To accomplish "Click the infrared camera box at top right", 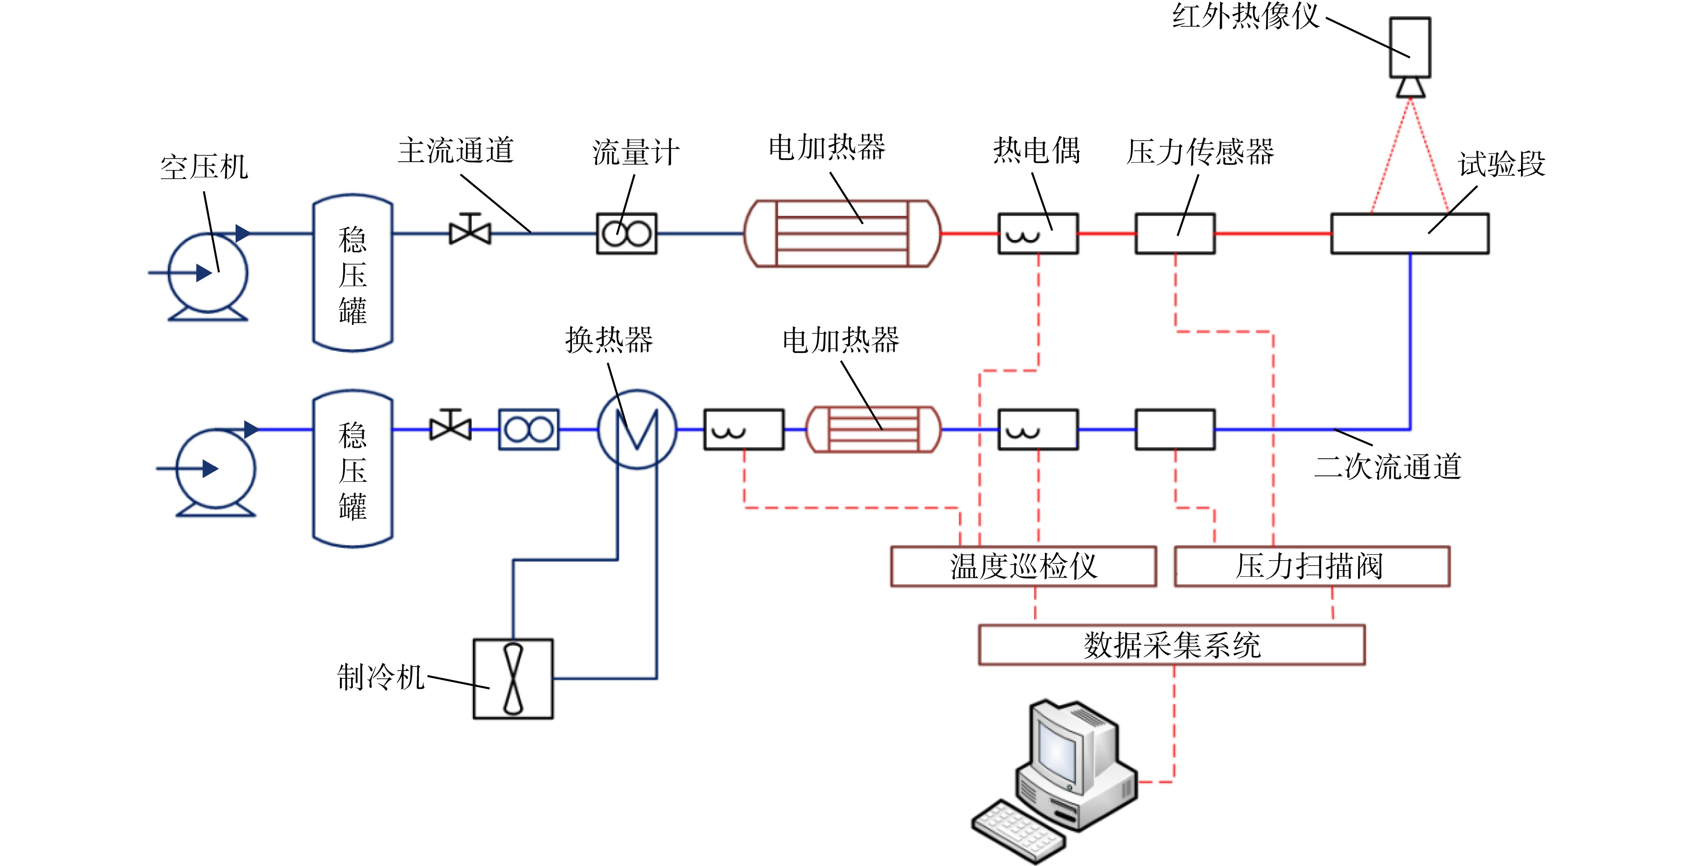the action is coord(1410,47).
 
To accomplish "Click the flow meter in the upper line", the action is coord(626,233).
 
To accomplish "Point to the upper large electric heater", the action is coord(842,233).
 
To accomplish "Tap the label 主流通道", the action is coord(455,150).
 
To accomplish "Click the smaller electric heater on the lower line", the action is coord(873,429).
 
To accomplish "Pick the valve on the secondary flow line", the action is coord(451,426).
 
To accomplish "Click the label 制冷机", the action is coord(381,677).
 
